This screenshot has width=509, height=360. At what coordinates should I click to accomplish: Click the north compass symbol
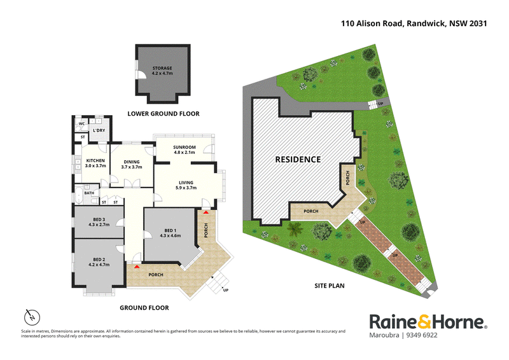pyautogui.click(x=32, y=317)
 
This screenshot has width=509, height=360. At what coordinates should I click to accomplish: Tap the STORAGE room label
pyautogui.click(x=162, y=71)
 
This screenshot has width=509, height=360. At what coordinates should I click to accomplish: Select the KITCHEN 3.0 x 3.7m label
pyautogui.click(x=95, y=163)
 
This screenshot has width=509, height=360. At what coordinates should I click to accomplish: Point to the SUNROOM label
pyautogui.click(x=185, y=149)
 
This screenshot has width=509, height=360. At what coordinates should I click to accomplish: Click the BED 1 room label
pyautogui.click(x=171, y=233)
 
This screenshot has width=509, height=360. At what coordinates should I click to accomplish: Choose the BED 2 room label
pyautogui.click(x=99, y=262)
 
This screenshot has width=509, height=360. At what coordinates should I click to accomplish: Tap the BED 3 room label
pyautogui.click(x=99, y=222)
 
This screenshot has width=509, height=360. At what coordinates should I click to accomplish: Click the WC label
pyautogui.click(x=82, y=123)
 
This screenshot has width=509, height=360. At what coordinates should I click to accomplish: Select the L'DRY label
pyautogui.click(x=99, y=130)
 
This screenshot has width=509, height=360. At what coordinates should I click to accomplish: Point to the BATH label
pyautogui.click(x=89, y=193)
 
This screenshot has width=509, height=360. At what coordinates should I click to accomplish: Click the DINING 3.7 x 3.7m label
pyautogui.click(x=132, y=164)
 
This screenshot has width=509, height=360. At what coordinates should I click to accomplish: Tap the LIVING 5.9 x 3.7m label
pyautogui.click(x=186, y=185)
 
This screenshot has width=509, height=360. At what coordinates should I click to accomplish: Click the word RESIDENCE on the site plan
pyautogui.click(x=298, y=160)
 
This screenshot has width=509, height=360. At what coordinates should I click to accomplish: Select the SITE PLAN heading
pyautogui.click(x=330, y=286)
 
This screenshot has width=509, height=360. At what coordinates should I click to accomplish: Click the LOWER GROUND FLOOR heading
pyautogui.click(x=164, y=114)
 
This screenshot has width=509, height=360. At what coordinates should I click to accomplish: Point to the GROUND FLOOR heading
pyautogui.click(x=144, y=308)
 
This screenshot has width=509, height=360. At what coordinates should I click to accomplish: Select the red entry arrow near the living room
pyautogui.click(x=206, y=212)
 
